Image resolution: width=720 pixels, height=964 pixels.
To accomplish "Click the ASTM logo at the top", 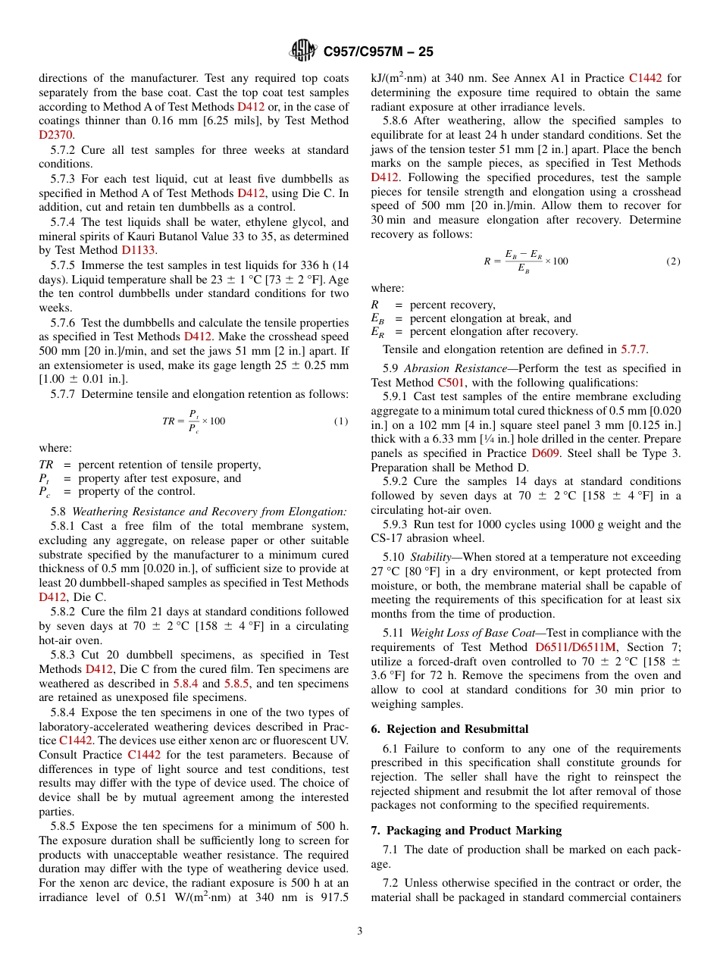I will coord(303,51).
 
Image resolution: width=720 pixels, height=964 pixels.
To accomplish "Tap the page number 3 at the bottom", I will coord(360,931).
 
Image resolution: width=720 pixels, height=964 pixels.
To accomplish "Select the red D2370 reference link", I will coord(55,135).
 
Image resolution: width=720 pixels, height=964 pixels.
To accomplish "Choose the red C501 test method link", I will coord(451,383).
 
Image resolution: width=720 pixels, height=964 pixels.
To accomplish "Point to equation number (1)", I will coord(341,421).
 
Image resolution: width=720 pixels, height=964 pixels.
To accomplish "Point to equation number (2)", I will coord(673,261).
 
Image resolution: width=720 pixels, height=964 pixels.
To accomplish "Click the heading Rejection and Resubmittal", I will coord(457,729).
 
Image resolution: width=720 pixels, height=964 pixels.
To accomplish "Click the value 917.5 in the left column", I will coord(334,897).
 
